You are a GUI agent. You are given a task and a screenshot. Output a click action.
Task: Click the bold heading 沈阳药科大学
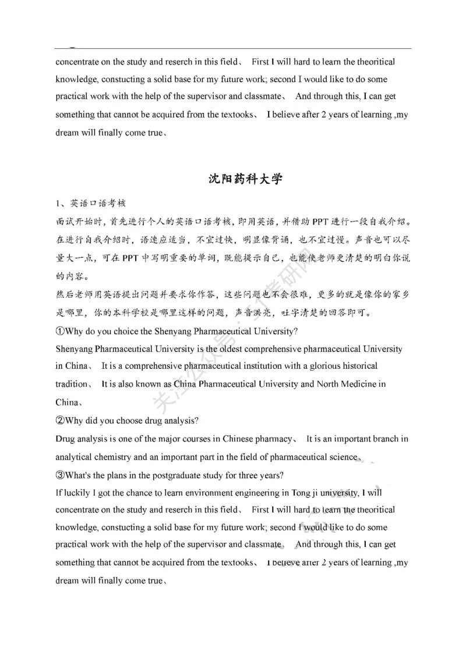[x=245, y=179]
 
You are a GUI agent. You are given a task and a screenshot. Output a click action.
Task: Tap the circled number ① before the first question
[x=59, y=332]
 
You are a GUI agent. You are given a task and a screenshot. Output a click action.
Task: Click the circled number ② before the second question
[x=59, y=421]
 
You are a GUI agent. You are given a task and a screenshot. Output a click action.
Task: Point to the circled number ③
[x=59, y=475]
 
